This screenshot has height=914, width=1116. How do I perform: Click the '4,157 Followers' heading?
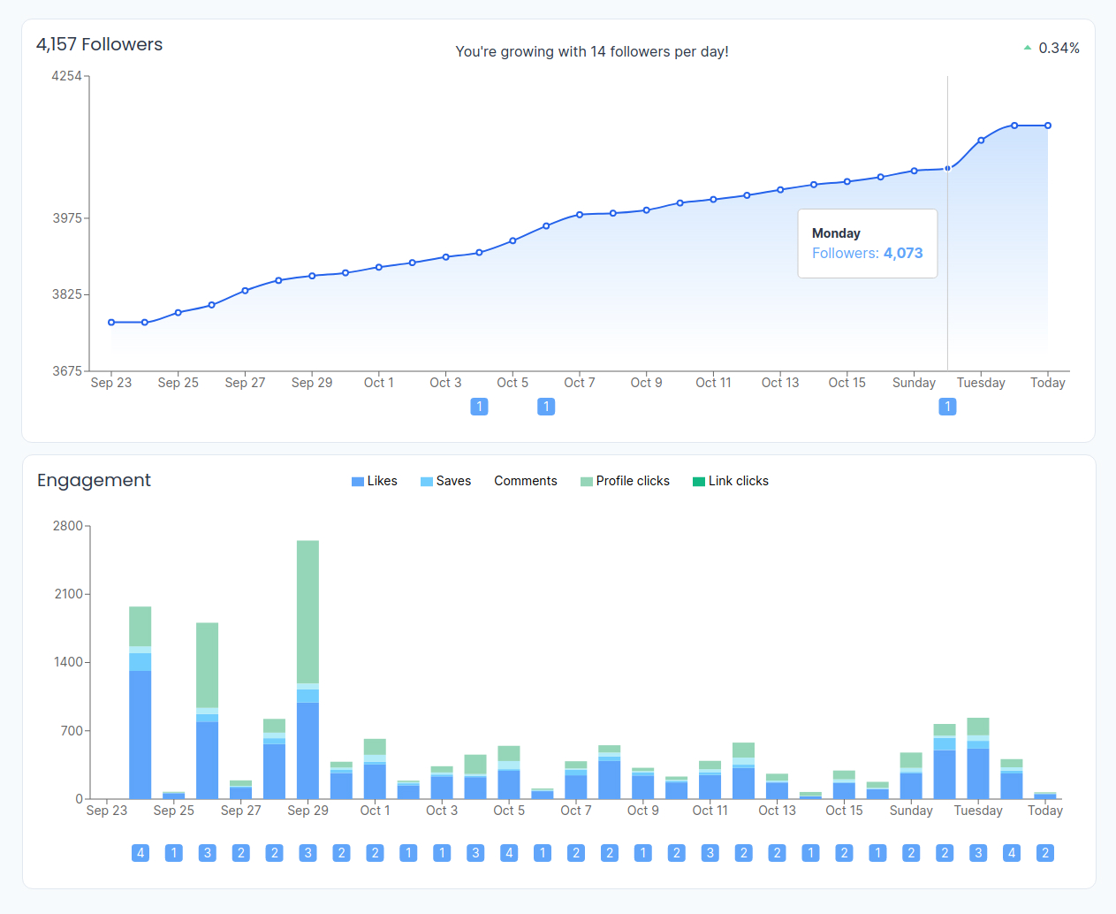[x=100, y=44]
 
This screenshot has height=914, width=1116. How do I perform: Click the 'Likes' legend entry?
[x=375, y=481]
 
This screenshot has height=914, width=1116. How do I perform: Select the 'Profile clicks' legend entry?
[x=625, y=481]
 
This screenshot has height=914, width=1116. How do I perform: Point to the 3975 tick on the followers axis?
[x=67, y=218]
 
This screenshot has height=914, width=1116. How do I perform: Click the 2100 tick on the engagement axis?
[x=68, y=594]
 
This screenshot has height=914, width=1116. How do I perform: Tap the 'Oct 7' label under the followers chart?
[x=580, y=383]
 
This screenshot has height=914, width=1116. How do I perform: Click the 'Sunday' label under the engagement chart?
[x=911, y=811]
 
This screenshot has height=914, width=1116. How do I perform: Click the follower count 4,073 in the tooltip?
[x=903, y=253]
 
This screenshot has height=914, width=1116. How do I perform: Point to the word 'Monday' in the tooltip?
[x=836, y=233]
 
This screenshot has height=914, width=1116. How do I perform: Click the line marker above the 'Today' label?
[x=1048, y=126]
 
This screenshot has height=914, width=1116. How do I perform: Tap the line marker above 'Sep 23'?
[x=111, y=323]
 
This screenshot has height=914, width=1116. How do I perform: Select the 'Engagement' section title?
[x=94, y=480]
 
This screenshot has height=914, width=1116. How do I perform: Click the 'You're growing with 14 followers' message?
[x=592, y=51]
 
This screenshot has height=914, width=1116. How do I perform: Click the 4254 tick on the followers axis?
[x=66, y=76]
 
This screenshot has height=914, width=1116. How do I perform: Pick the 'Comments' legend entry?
[x=525, y=481]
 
